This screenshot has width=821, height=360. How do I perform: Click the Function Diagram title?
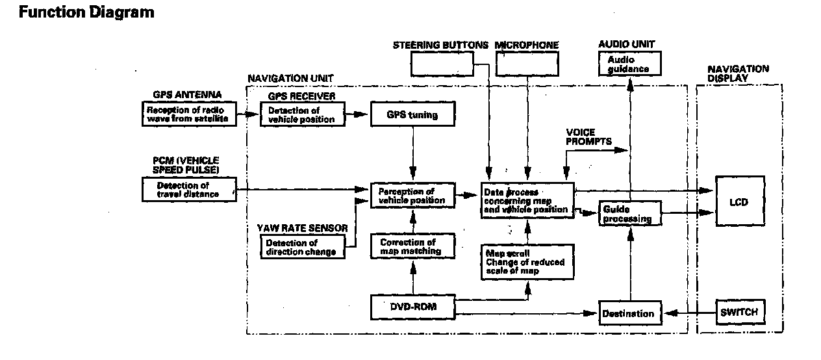click(x=86, y=12)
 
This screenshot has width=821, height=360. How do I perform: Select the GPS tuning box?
click(x=412, y=115)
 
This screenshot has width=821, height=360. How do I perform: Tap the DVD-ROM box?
click(x=412, y=307)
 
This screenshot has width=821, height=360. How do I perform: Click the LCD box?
click(x=739, y=201)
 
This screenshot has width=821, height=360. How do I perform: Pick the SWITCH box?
click(x=739, y=312)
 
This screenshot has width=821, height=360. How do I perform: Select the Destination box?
click(x=628, y=313)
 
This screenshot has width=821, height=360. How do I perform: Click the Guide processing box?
click(x=628, y=214)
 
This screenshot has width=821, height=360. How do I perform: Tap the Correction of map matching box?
click(x=412, y=247)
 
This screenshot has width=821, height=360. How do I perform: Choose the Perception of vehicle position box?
click(x=412, y=196)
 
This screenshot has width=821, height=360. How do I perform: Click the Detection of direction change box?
click(x=302, y=247)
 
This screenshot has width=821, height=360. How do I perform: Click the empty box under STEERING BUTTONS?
click(x=441, y=64)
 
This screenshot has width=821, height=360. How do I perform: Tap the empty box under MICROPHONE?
click(x=527, y=64)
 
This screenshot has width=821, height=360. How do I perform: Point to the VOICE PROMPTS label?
click(x=580, y=136)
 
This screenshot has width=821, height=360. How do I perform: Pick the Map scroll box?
click(x=526, y=262)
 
